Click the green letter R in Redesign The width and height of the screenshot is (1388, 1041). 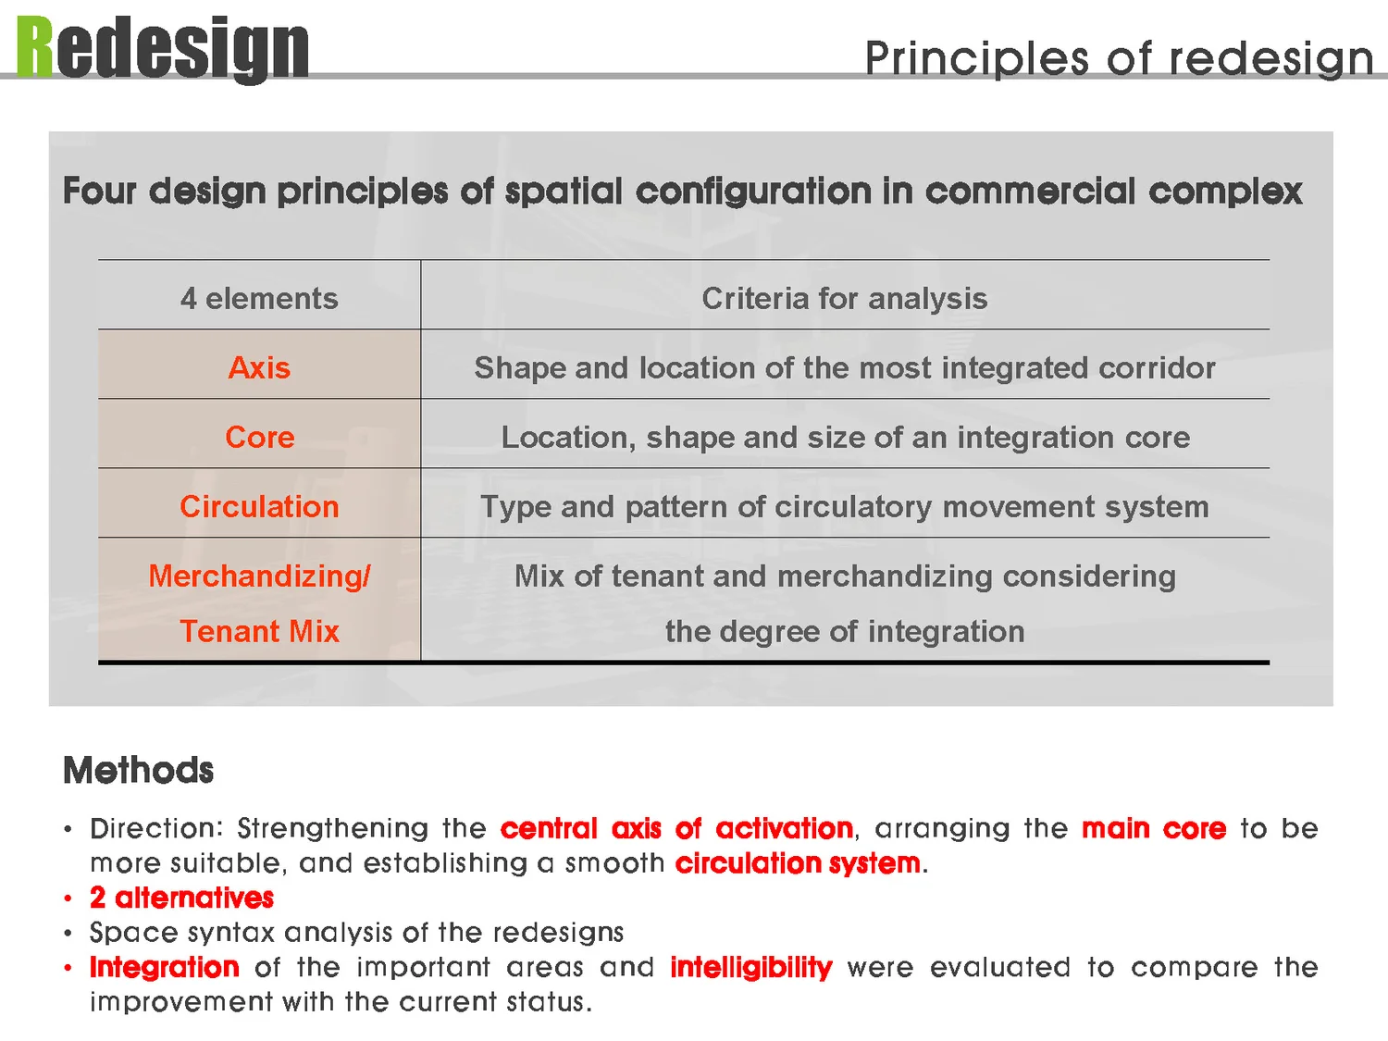(x=35, y=48)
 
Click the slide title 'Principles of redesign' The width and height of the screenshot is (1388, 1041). (x=1118, y=58)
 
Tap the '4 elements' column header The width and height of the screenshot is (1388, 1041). (x=259, y=299)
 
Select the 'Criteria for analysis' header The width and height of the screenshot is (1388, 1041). (x=844, y=299)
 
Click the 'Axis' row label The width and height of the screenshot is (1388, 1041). (x=259, y=368)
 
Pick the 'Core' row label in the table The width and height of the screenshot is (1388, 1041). (x=259, y=438)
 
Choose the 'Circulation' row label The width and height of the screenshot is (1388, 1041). (x=259, y=507)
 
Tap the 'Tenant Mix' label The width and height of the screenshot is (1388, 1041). (x=259, y=632)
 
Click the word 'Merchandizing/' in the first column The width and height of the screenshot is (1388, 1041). (x=259, y=576)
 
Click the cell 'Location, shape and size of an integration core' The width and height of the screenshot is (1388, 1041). (x=845, y=438)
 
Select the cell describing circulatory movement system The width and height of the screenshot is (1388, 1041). (x=844, y=507)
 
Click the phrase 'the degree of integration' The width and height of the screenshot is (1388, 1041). (x=844, y=632)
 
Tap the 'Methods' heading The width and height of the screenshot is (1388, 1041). (x=138, y=771)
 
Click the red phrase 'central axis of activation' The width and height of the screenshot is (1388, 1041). (x=676, y=828)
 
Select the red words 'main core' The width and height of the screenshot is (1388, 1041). (x=1153, y=828)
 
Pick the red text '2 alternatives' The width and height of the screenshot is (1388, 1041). (x=181, y=898)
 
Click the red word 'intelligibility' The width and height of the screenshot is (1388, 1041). (x=750, y=968)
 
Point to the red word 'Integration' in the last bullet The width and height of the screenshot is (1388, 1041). (x=165, y=968)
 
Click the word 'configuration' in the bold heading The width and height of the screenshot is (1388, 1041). (x=751, y=192)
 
